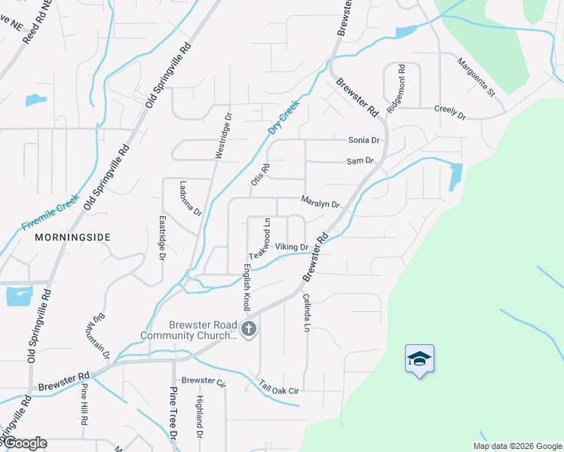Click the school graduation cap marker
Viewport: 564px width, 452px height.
419,359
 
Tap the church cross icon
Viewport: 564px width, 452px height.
248,329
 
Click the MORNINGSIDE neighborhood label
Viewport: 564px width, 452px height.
72,237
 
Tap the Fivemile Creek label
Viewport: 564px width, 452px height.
51,213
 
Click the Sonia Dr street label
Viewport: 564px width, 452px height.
363,140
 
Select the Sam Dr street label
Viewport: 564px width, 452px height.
360,161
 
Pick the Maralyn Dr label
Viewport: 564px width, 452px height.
320,203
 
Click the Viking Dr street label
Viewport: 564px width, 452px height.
292,247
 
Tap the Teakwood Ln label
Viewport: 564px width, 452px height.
260,240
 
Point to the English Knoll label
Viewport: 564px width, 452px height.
247,287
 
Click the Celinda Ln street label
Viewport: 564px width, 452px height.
306,315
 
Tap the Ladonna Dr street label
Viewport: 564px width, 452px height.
190,198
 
